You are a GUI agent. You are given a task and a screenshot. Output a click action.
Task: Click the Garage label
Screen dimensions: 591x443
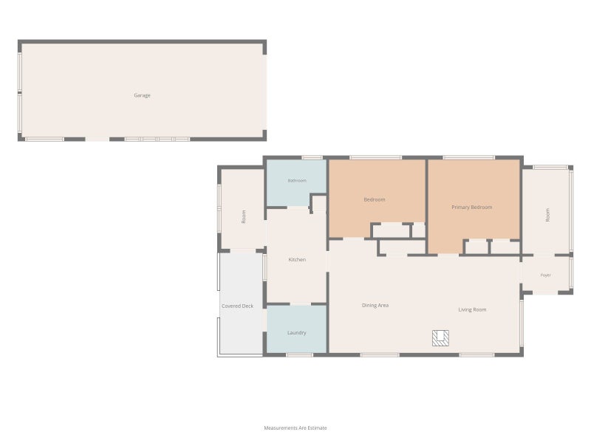142,95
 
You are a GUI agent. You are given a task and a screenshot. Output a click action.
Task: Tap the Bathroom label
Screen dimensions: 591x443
297,181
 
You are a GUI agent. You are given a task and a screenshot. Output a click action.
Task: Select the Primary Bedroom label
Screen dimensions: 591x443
472,207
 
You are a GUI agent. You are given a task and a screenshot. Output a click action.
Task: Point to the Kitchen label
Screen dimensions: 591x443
297,260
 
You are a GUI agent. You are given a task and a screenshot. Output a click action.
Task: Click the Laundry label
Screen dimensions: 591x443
297,333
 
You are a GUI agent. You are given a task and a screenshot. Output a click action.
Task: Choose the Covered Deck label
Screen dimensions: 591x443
237,306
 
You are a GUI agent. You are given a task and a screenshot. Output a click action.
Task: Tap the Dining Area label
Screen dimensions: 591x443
375,305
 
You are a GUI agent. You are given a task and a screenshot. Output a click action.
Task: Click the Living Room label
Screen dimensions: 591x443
472,309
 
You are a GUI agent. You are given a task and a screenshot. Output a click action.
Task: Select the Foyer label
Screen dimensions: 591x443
546,275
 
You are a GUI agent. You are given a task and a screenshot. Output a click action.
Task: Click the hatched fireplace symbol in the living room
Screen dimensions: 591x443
440,338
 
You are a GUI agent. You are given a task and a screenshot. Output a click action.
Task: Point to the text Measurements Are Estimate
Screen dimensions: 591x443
295,428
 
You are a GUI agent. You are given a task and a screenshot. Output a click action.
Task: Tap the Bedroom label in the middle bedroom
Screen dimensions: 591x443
375,199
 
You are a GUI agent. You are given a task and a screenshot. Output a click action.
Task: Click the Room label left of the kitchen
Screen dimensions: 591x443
244,216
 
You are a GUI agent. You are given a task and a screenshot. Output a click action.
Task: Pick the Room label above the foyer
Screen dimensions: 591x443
547,215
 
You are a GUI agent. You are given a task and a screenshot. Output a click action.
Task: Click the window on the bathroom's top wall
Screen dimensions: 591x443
312,157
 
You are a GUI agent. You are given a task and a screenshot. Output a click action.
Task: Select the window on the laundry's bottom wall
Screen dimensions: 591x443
300,355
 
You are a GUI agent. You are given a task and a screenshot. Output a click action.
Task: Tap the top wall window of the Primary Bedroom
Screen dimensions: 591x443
468,157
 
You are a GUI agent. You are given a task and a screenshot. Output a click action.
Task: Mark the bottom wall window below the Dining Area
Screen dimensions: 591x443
380,355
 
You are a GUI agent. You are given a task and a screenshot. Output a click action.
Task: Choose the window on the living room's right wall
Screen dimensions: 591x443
522,323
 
